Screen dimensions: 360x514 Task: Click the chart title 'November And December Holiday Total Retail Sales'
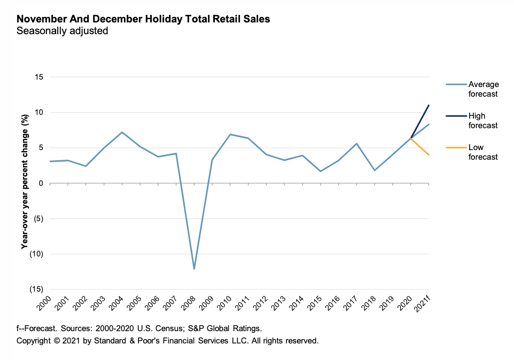[x=143, y=19]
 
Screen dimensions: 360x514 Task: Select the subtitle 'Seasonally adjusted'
[x=63, y=31]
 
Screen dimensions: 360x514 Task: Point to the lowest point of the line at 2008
[x=194, y=269]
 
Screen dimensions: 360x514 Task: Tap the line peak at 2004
[x=122, y=132]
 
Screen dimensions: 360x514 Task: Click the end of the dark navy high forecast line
[x=429, y=105]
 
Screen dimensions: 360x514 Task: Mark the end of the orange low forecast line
[x=429, y=155]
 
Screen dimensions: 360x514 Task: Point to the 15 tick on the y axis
[x=38, y=77]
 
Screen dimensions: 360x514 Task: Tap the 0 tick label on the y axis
[x=41, y=183]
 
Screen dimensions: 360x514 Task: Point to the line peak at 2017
[x=356, y=144]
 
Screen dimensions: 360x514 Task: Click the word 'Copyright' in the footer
[x=34, y=340]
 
